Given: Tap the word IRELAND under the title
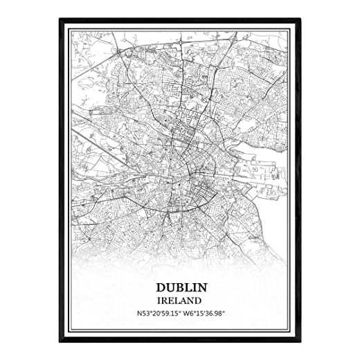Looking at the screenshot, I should tap(179, 300).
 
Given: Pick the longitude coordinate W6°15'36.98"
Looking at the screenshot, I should tap(207, 314).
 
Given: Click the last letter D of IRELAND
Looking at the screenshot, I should tap(199, 300).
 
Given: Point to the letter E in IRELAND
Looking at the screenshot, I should tap(171, 300).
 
